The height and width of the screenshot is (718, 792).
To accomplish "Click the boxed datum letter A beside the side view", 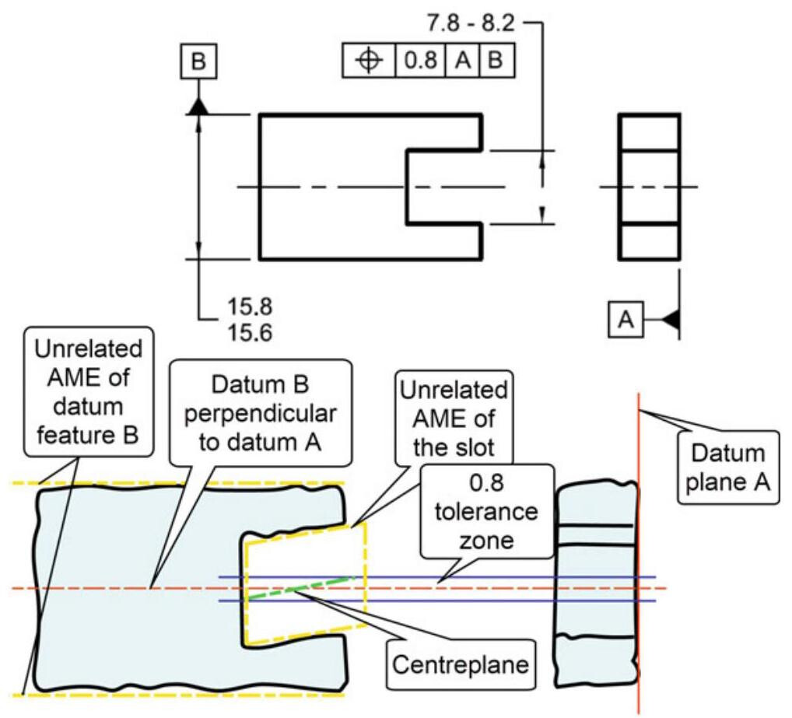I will (627, 319).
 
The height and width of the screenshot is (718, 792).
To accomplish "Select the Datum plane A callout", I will (723, 468).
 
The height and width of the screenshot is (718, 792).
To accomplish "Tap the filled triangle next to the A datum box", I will (670, 319).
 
